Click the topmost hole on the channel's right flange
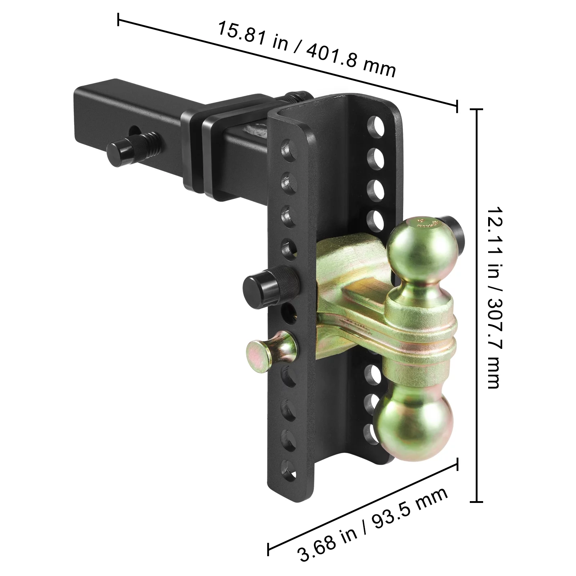(x=375, y=126)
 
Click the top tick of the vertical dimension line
(x=477, y=109)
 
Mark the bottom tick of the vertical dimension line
(x=477, y=501)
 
